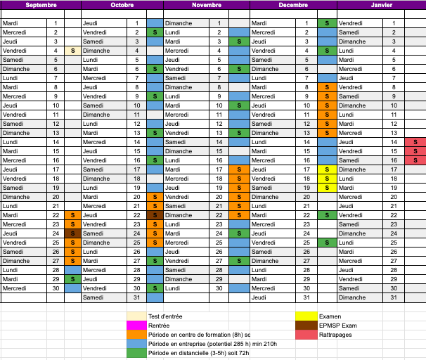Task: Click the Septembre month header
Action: [x=41, y=4]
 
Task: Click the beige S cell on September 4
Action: [x=72, y=51]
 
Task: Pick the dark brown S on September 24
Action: [x=72, y=233]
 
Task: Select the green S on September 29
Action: [x=72, y=279]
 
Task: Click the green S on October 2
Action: [x=155, y=32]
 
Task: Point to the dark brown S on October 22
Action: [x=155, y=215]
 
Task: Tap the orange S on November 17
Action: [x=239, y=169]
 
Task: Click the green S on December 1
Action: [x=326, y=23]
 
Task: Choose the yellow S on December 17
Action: [x=326, y=169]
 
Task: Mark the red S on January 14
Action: [x=415, y=142]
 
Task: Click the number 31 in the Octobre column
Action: [x=137, y=297]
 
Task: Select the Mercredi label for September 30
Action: [x=15, y=288]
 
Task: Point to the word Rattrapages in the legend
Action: [x=337, y=335]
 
